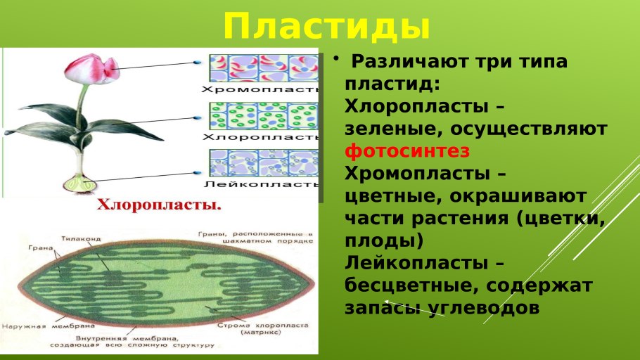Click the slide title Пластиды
[x=326, y=26]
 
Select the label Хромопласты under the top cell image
[x=260, y=89]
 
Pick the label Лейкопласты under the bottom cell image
[x=261, y=184]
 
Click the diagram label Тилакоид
[x=79, y=239]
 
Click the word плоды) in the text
[x=384, y=240]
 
